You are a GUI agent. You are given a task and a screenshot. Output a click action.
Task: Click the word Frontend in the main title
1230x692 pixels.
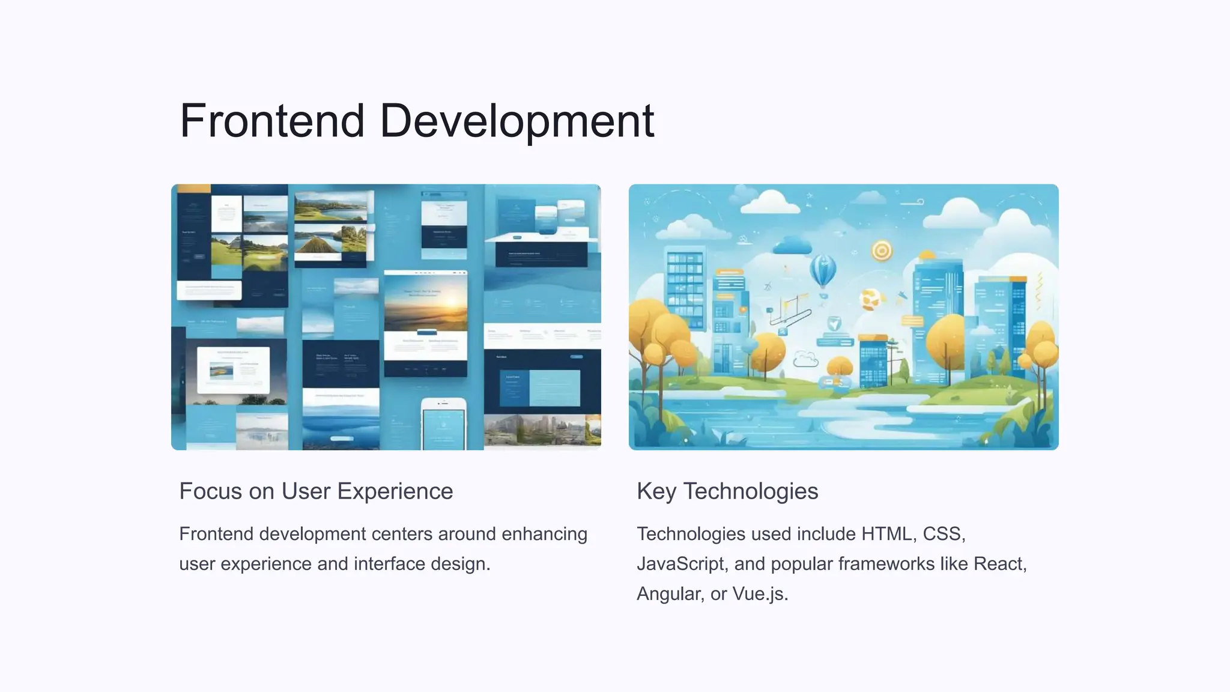[x=272, y=121]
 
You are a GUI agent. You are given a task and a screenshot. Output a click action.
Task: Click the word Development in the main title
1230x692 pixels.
[x=517, y=121]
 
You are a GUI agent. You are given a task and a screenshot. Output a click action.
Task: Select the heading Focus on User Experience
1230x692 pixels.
[x=316, y=491]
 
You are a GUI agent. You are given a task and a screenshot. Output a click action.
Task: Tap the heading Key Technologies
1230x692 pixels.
[x=727, y=491]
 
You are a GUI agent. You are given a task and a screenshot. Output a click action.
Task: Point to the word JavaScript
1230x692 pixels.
[x=680, y=564]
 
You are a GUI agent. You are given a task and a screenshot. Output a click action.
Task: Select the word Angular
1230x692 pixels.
[x=668, y=594]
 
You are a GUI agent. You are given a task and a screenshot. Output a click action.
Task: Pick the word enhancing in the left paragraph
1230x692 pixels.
[x=544, y=534]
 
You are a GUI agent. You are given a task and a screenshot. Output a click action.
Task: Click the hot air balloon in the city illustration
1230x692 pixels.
[x=823, y=271]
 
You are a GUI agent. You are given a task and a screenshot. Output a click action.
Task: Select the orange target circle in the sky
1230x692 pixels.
[x=882, y=250]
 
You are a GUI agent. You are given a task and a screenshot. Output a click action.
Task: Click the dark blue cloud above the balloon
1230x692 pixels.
[x=792, y=246]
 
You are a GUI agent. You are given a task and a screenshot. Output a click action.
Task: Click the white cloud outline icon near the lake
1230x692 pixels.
[x=805, y=360]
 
